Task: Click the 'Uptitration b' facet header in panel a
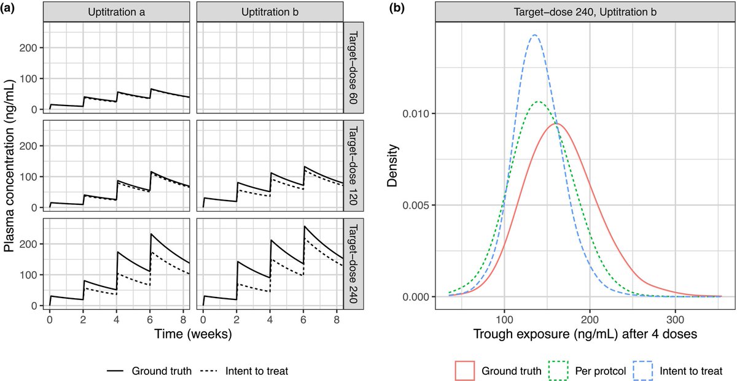pyautogui.click(x=270, y=12)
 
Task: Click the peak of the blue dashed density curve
pyautogui.click(x=534, y=35)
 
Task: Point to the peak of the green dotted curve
pyautogui.click(x=539, y=102)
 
